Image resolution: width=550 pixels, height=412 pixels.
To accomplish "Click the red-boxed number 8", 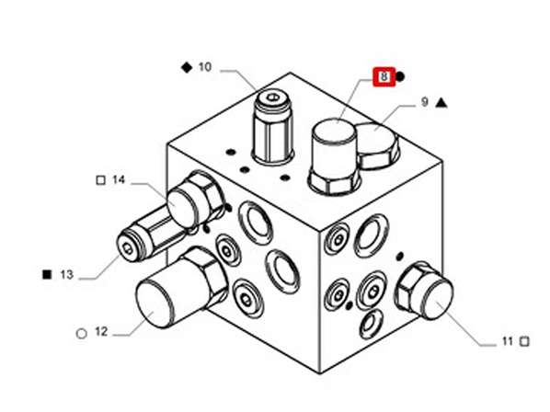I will click(383, 77).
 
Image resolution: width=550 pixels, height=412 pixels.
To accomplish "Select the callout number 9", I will click(424, 102).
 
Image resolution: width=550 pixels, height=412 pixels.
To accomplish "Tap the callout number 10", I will click(204, 67).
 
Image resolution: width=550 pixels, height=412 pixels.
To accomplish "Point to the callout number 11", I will click(507, 341).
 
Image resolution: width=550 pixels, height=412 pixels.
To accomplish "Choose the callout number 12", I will click(101, 331).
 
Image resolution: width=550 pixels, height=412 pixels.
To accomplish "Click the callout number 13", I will click(65, 274).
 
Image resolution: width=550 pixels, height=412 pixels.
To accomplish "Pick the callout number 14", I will click(119, 180).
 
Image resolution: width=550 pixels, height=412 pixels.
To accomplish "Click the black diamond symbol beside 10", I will click(186, 67).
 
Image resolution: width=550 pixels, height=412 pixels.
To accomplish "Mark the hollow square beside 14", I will click(100, 180).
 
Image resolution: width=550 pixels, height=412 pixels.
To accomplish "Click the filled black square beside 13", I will click(46, 274).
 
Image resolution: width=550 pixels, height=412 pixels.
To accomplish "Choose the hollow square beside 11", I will click(524, 341).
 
